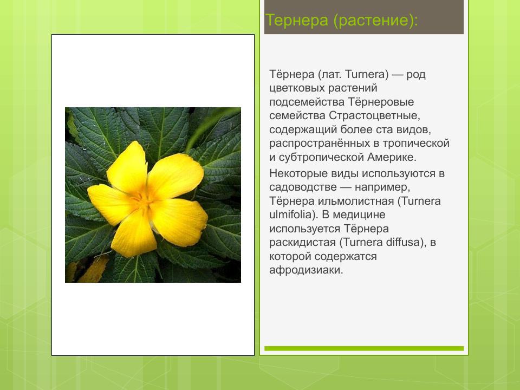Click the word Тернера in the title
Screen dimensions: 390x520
296,21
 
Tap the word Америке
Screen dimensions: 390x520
391,158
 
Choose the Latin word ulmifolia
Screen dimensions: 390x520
290,214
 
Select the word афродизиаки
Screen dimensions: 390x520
306,270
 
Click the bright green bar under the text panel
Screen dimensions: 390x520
363,348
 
